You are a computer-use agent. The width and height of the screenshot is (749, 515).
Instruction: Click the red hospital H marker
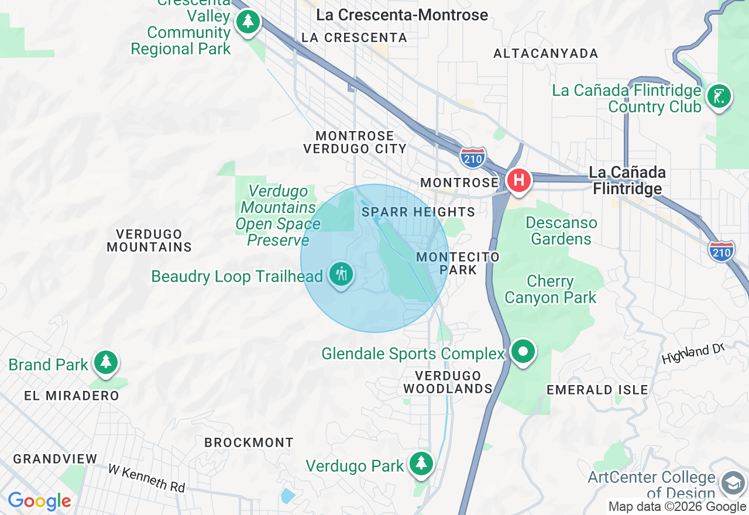coord(518,180)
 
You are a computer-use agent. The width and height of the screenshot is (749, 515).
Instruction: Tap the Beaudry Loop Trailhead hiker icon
coord(341,274)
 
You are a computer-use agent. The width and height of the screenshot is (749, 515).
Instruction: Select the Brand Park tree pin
coord(106,362)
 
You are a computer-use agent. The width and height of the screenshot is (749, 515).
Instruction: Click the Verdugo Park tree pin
coord(420,463)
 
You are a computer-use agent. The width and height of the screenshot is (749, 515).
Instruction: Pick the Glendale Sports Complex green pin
coord(523,352)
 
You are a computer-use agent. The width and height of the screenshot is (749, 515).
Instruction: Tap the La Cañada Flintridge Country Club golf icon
coord(719,95)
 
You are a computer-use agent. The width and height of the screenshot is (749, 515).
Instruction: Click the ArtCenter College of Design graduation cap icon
coord(733,483)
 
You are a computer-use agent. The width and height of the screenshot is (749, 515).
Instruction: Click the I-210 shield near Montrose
coord(472,157)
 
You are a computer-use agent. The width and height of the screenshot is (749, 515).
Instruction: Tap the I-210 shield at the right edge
coord(721,251)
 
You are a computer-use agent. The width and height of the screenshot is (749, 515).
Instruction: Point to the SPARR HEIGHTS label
coord(418,212)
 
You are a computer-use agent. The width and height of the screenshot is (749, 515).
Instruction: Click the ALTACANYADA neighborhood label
coord(545,54)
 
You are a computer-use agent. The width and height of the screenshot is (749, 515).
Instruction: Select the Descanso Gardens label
coord(561,231)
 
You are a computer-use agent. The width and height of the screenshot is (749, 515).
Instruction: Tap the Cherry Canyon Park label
coord(550,289)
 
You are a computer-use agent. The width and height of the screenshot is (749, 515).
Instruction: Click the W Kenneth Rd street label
coord(146,478)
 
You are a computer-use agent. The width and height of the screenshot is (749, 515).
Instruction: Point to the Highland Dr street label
coord(693,354)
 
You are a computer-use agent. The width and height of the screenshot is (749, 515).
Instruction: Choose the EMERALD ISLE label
coord(597,390)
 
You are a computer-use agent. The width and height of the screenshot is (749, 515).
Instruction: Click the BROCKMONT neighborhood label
coord(249,442)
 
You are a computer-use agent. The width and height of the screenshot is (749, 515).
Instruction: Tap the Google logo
coord(39,502)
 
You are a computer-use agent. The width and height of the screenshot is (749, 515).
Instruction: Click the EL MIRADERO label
coord(71,396)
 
